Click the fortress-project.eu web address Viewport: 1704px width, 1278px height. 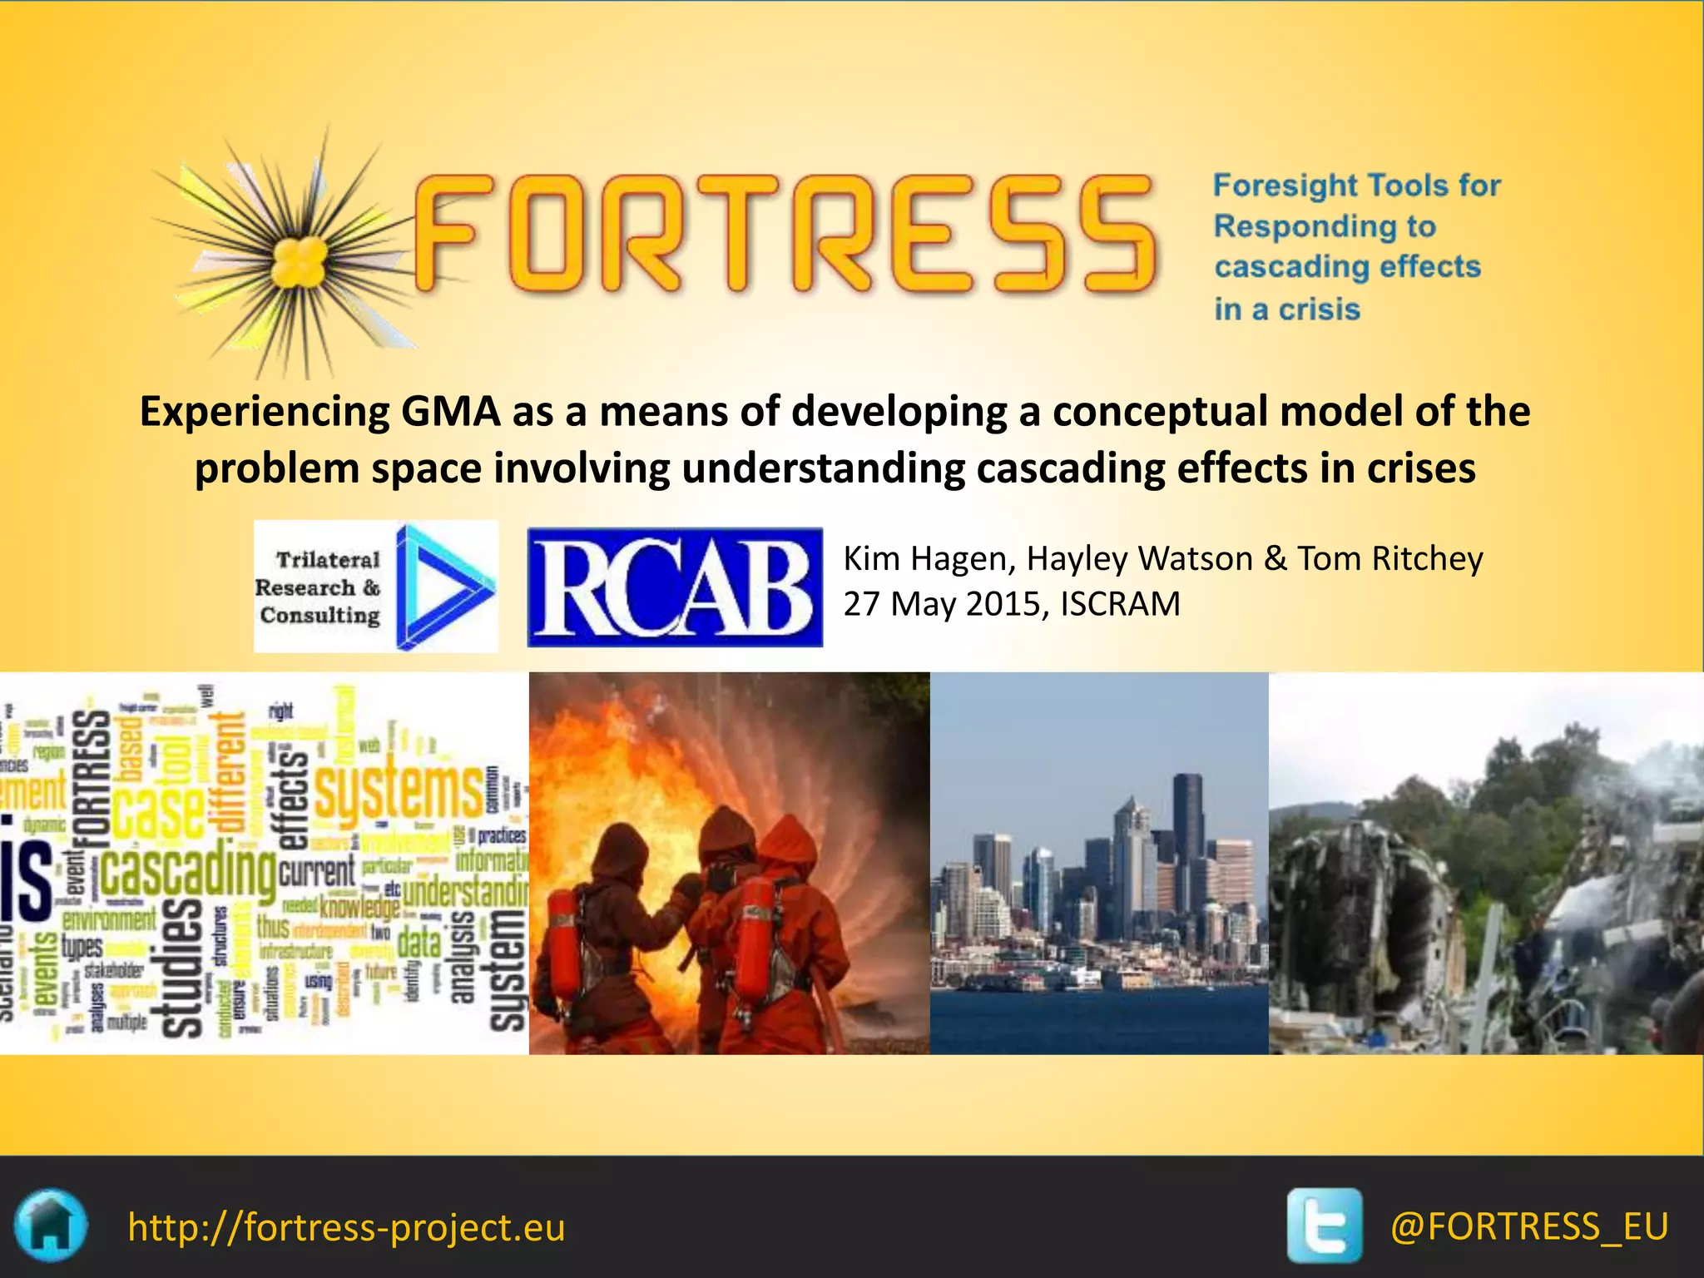[x=346, y=1227]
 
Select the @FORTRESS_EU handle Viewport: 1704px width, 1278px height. [x=1528, y=1226]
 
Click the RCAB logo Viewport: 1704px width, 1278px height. [x=675, y=587]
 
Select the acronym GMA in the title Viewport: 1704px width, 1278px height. [x=450, y=411]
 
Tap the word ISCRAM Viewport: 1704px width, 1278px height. [x=1120, y=604]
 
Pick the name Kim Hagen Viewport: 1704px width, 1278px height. [x=925, y=558]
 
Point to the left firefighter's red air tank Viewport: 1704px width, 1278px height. [x=563, y=944]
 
